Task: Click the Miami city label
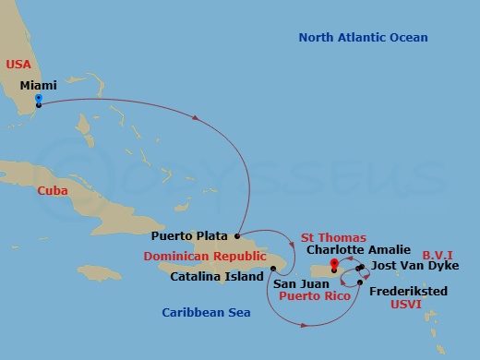(38, 85)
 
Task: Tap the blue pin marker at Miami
(38, 97)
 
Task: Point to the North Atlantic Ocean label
(363, 37)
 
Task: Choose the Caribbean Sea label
(207, 313)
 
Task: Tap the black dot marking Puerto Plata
(237, 236)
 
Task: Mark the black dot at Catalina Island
(273, 269)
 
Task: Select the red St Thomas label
(333, 237)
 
